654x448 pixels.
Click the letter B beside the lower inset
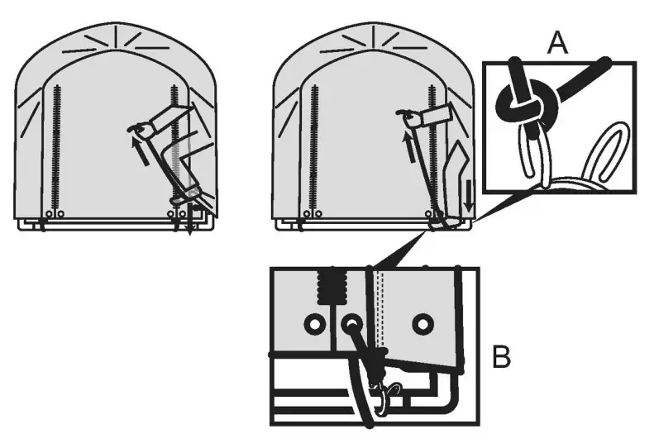[501, 359]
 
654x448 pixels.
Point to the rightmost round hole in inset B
[423, 322]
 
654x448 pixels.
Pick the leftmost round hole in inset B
[313, 324]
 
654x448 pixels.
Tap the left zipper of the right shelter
[315, 149]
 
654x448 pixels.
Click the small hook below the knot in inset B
[387, 396]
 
